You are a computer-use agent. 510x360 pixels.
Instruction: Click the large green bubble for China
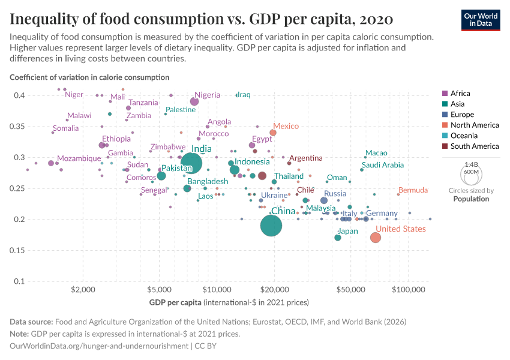[272, 226]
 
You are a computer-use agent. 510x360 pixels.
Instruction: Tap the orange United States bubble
[376, 238]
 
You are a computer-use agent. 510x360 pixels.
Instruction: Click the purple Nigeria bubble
[194, 101]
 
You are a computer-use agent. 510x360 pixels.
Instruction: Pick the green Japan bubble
[338, 238]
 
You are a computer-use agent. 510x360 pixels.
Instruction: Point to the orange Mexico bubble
[273, 133]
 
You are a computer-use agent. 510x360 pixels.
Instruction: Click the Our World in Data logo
[480, 19]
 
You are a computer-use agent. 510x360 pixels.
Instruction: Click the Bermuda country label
[413, 190]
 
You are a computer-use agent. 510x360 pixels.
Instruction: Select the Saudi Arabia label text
[383, 165]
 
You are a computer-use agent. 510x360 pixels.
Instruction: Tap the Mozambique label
[79, 158]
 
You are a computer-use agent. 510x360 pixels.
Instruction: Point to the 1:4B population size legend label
[471, 164]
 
